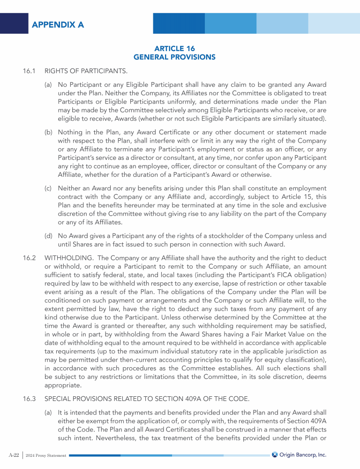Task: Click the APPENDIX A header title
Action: (x=58, y=25)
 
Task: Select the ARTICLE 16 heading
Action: (x=174, y=48)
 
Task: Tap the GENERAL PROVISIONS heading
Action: (x=174, y=57)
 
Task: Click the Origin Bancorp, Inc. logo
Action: (x=299, y=454)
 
